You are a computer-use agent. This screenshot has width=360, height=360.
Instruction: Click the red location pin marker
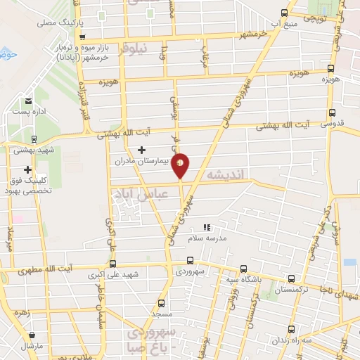click(x=181, y=165)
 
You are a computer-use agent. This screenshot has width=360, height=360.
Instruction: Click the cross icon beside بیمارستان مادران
click(x=142, y=149)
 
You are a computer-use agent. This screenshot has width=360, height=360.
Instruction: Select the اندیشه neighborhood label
click(x=224, y=172)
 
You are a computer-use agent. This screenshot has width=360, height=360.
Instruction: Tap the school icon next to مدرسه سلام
click(x=207, y=227)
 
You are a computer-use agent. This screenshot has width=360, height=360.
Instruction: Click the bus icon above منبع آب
click(x=283, y=12)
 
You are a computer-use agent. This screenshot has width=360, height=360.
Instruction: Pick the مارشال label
click(x=32, y=347)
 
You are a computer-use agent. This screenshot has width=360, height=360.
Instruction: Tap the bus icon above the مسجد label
click(x=162, y=304)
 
